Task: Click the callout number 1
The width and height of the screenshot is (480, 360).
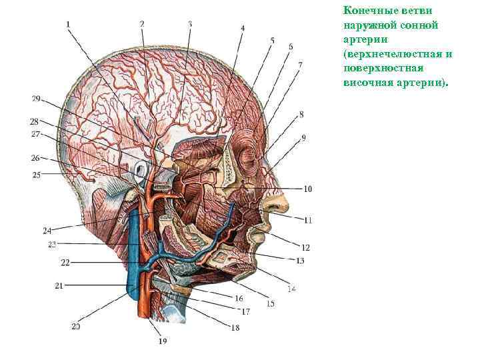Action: click(x=68, y=25)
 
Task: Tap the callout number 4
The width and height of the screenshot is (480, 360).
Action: click(x=242, y=29)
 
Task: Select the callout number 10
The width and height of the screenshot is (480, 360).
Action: click(x=307, y=189)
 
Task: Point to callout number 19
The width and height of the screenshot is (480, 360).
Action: click(x=163, y=341)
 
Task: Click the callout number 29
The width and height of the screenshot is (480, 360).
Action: click(x=36, y=99)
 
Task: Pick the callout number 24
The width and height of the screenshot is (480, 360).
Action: click(x=47, y=231)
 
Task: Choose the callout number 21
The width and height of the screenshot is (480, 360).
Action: click(x=59, y=285)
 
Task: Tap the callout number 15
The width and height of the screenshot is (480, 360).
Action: click(x=271, y=304)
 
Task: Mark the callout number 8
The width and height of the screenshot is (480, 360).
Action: click(x=301, y=115)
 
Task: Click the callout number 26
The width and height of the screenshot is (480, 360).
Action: click(x=35, y=158)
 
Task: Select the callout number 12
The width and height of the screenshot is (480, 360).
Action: click(x=305, y=247)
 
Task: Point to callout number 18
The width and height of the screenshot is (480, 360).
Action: click(x=235, y=327)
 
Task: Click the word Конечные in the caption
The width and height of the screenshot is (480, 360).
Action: click(x=365, y=11)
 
